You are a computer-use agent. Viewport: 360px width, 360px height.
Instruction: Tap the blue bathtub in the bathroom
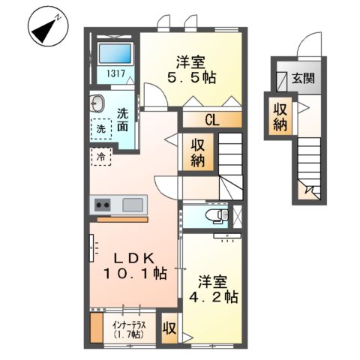click(x=114, y=54)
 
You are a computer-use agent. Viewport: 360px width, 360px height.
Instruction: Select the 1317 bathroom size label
click(x=114, y=73)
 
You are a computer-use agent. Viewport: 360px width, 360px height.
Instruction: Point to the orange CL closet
click(x=212, y=118)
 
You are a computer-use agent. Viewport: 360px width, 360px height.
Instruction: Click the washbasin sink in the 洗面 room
click(x=98, y=103)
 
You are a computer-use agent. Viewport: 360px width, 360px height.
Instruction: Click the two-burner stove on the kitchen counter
click(x=101, y=204)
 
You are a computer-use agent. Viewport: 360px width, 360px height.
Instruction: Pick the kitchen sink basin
click(x=133, y=204)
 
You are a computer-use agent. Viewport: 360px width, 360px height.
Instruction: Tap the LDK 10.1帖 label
click(x=135, y=265)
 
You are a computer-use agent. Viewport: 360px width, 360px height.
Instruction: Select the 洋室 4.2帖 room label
click(x=217, y=289)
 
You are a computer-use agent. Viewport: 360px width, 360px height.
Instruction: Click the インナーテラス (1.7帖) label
click(x=129, y=328)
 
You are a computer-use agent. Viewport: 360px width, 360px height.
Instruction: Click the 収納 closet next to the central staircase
click(x=199, y=153)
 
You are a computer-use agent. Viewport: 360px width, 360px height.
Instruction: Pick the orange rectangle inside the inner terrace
click(x=96, y=328)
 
